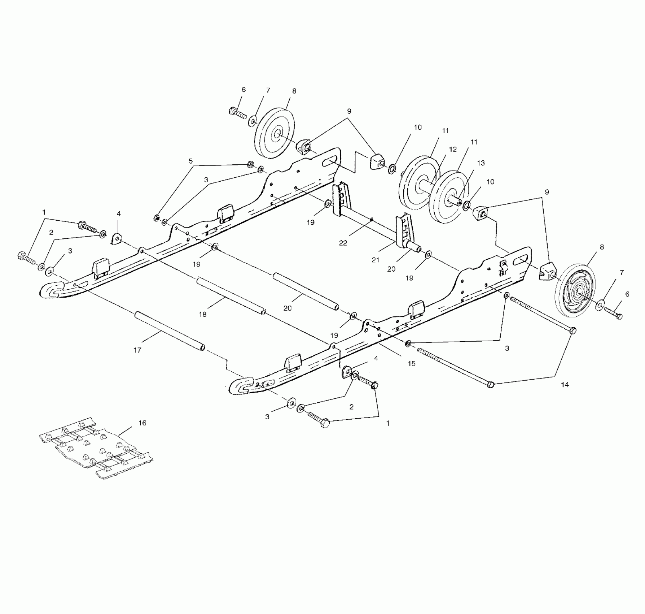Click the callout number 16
(142, 423)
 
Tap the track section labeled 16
(96, 450)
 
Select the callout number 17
(137, 350)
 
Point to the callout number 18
(203, 314)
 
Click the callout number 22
(343, 243)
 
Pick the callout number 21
(376, 260)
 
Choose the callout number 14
(565, 385)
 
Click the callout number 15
(412, 364)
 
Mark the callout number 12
(453, 150)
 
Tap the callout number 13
(481, 163)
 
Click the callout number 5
(190, 161)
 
